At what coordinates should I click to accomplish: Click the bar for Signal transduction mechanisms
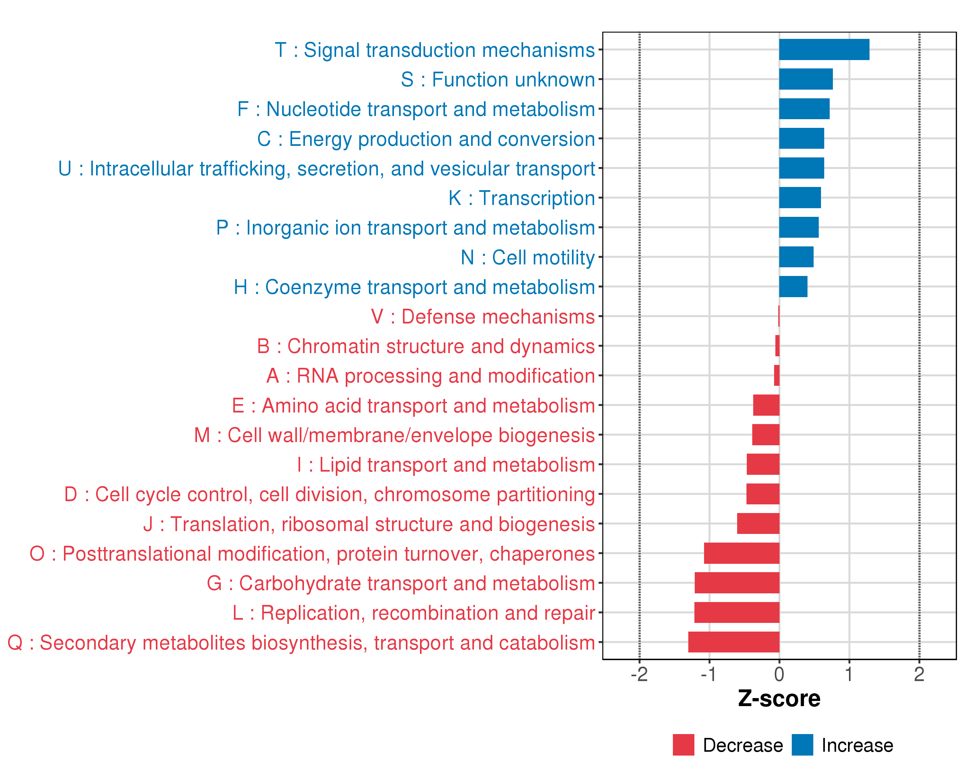824,49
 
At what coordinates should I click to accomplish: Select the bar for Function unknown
806,79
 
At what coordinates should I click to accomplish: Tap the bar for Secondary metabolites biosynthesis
734,642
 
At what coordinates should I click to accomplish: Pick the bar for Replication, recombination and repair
737,612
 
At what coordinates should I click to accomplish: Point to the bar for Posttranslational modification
742,553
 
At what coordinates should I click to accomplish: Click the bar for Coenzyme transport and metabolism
793,287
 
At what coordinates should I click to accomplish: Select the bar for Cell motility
796,257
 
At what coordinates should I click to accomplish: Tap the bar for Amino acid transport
766,405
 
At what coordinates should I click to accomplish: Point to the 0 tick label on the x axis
779,674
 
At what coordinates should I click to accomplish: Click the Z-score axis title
779,699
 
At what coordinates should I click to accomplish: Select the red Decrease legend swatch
683,745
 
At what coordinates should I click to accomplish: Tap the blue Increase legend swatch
802,745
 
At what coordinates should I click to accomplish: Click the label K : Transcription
522,198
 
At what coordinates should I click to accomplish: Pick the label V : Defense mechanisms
483,316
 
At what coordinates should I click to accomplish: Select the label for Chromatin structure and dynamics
426,346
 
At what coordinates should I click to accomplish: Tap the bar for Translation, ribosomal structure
758,523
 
